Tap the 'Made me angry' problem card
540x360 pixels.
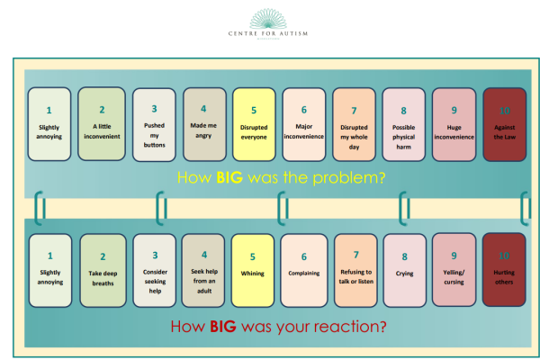202,124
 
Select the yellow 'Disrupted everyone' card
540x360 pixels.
253,124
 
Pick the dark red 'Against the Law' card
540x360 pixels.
504,124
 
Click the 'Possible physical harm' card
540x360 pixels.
403,124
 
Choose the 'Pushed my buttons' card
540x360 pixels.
153,124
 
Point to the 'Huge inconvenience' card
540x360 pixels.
454,124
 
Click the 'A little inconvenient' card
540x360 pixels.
102,124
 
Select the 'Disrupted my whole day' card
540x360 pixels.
354,124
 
